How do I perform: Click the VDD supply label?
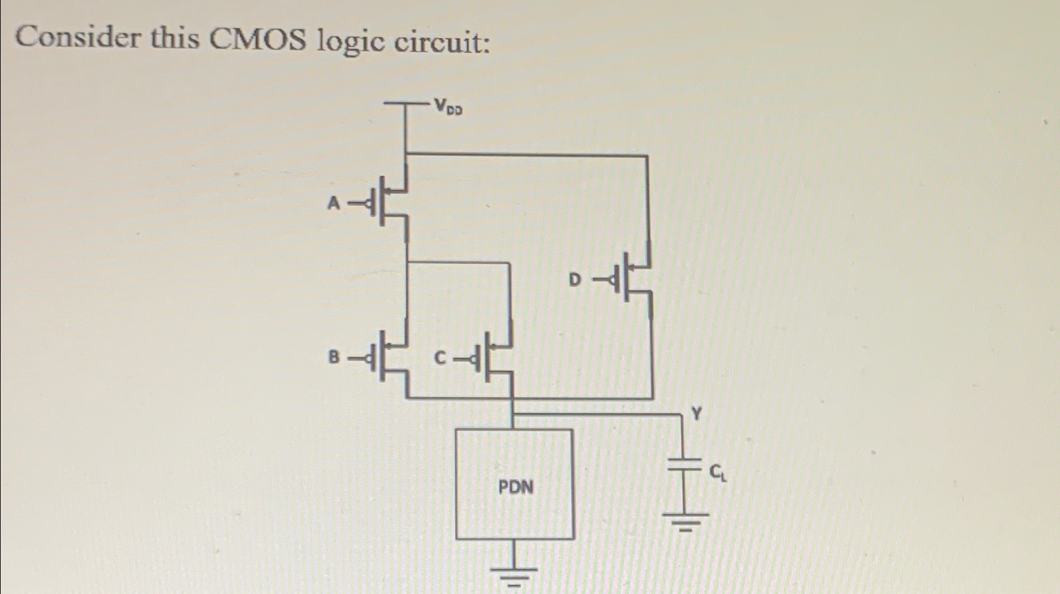[x=448, y=107]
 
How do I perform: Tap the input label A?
[x=334, y=203]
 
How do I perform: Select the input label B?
[x=334, y=357]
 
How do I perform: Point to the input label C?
[x=440, y=359]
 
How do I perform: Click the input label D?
[x=575, y=279]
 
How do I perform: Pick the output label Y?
[x=696, y=414]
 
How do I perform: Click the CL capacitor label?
[x=718, y=472]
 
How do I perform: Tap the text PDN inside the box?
[x=516, y=487]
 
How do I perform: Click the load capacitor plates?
[x=684, y=465]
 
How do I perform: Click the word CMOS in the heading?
[x=258, y=40]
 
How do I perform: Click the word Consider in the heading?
[x=78, y=38]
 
